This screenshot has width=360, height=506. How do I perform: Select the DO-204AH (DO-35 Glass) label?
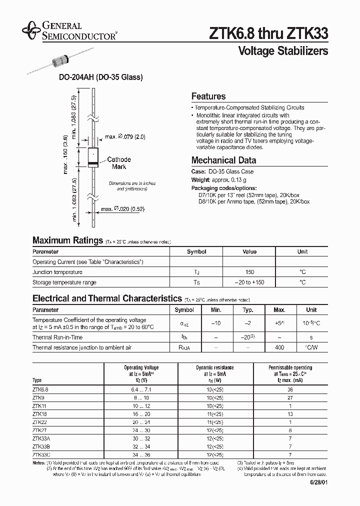pyautogui.click(x=101, y=77)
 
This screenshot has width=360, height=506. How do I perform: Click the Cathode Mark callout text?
pyautogui.click(x=119, y=163)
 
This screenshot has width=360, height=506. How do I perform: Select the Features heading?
pyautogui.click(x=208, y=96)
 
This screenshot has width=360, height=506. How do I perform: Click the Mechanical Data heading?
pyautogui.click(x=223, y=160)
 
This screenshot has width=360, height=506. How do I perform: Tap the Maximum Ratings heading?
pyautogui.click(x=67, y=240)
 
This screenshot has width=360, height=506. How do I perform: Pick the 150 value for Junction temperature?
pyautogui.click(x=249, y=272)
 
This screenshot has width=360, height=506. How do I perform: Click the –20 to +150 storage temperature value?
pyautogui.click(x=249, y=282)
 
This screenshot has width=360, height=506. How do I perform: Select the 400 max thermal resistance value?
pyautogui.click(x=279, y=347)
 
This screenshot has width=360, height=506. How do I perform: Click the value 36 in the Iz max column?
pyautogui.click(x=289, y=389)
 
